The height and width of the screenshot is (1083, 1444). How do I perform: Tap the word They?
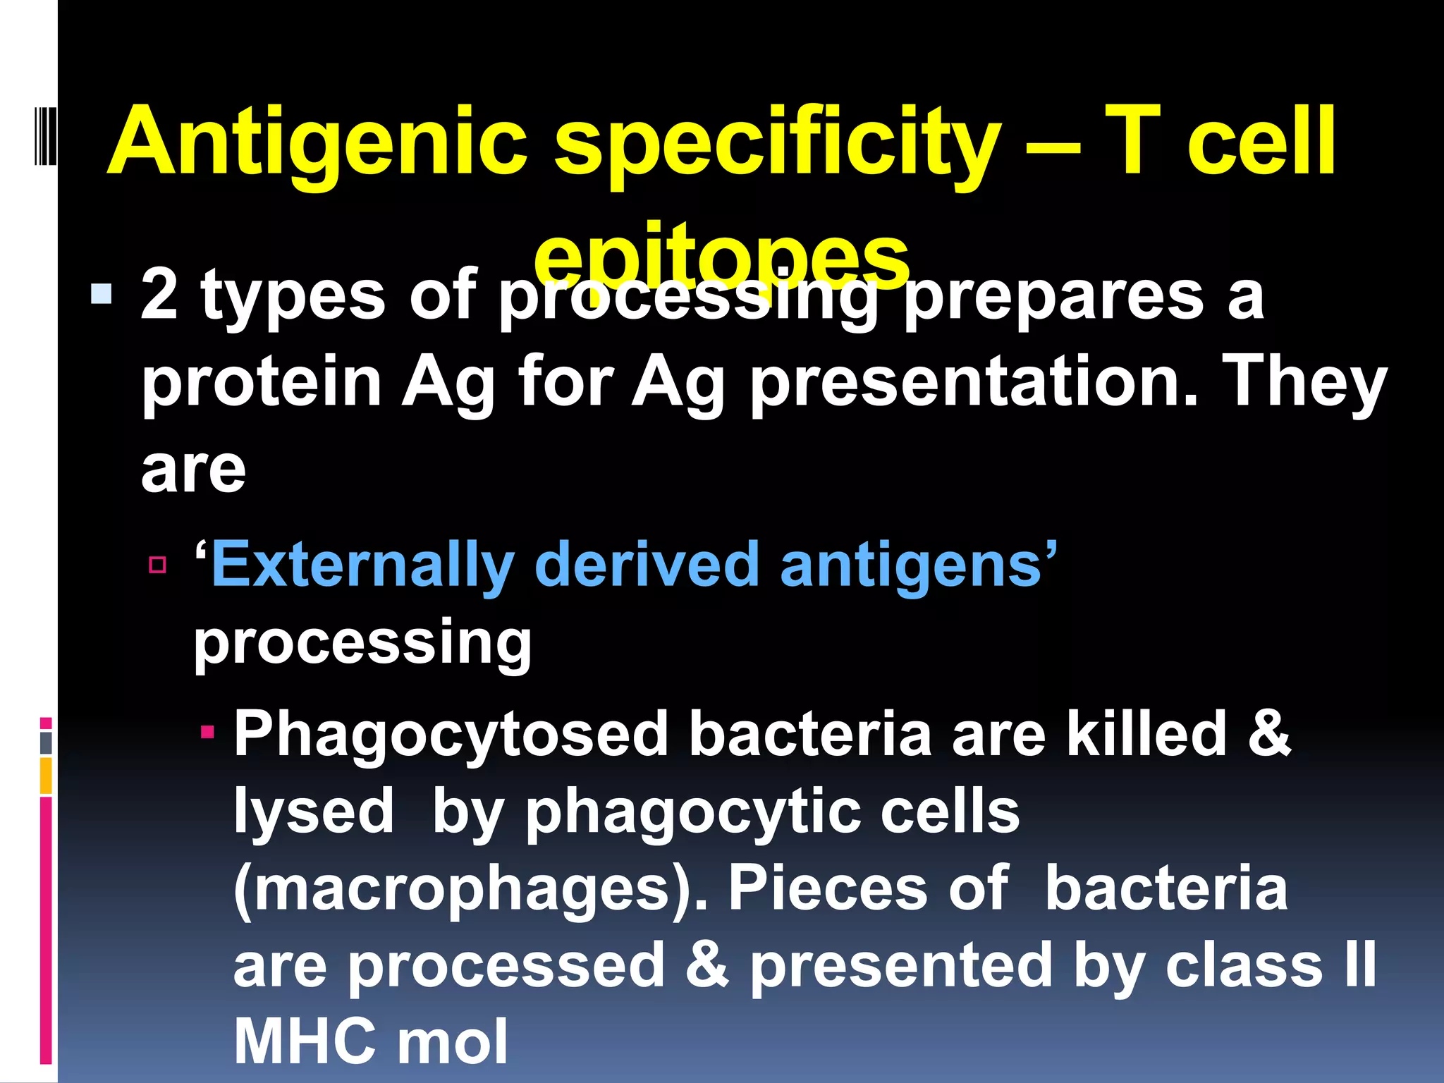point(1304,384)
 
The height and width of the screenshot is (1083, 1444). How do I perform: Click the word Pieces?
point(828,888)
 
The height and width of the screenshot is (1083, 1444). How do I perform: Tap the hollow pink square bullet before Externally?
point(157,565)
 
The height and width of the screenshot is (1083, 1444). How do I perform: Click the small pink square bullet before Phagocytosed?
point(207,733)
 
